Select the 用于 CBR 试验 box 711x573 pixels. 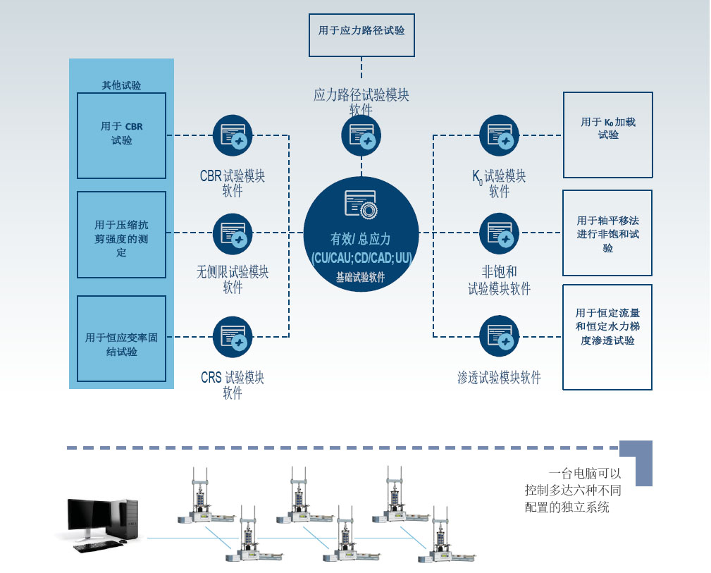[x=121, y=135]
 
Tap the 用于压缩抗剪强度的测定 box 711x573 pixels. [x=121, y=234]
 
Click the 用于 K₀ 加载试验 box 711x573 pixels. [x=607, y=135]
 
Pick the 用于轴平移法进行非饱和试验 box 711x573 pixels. [x=607, y=233]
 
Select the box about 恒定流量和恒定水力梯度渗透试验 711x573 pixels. [x=607, y=337]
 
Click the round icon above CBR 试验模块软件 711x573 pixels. [x=233, y=135]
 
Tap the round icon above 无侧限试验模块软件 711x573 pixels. [x=233, y=233]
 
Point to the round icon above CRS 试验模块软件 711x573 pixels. [x=233, y=336]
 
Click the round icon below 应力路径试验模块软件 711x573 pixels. [x=361, y=136]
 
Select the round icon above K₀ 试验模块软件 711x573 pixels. [x=500, y=135]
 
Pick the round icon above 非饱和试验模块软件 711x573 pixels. [x=500, y=233]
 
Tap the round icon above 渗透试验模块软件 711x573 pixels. [x=500, y=336]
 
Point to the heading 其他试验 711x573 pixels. [x=121, y=85]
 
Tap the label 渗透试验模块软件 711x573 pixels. [x=499, y=378]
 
